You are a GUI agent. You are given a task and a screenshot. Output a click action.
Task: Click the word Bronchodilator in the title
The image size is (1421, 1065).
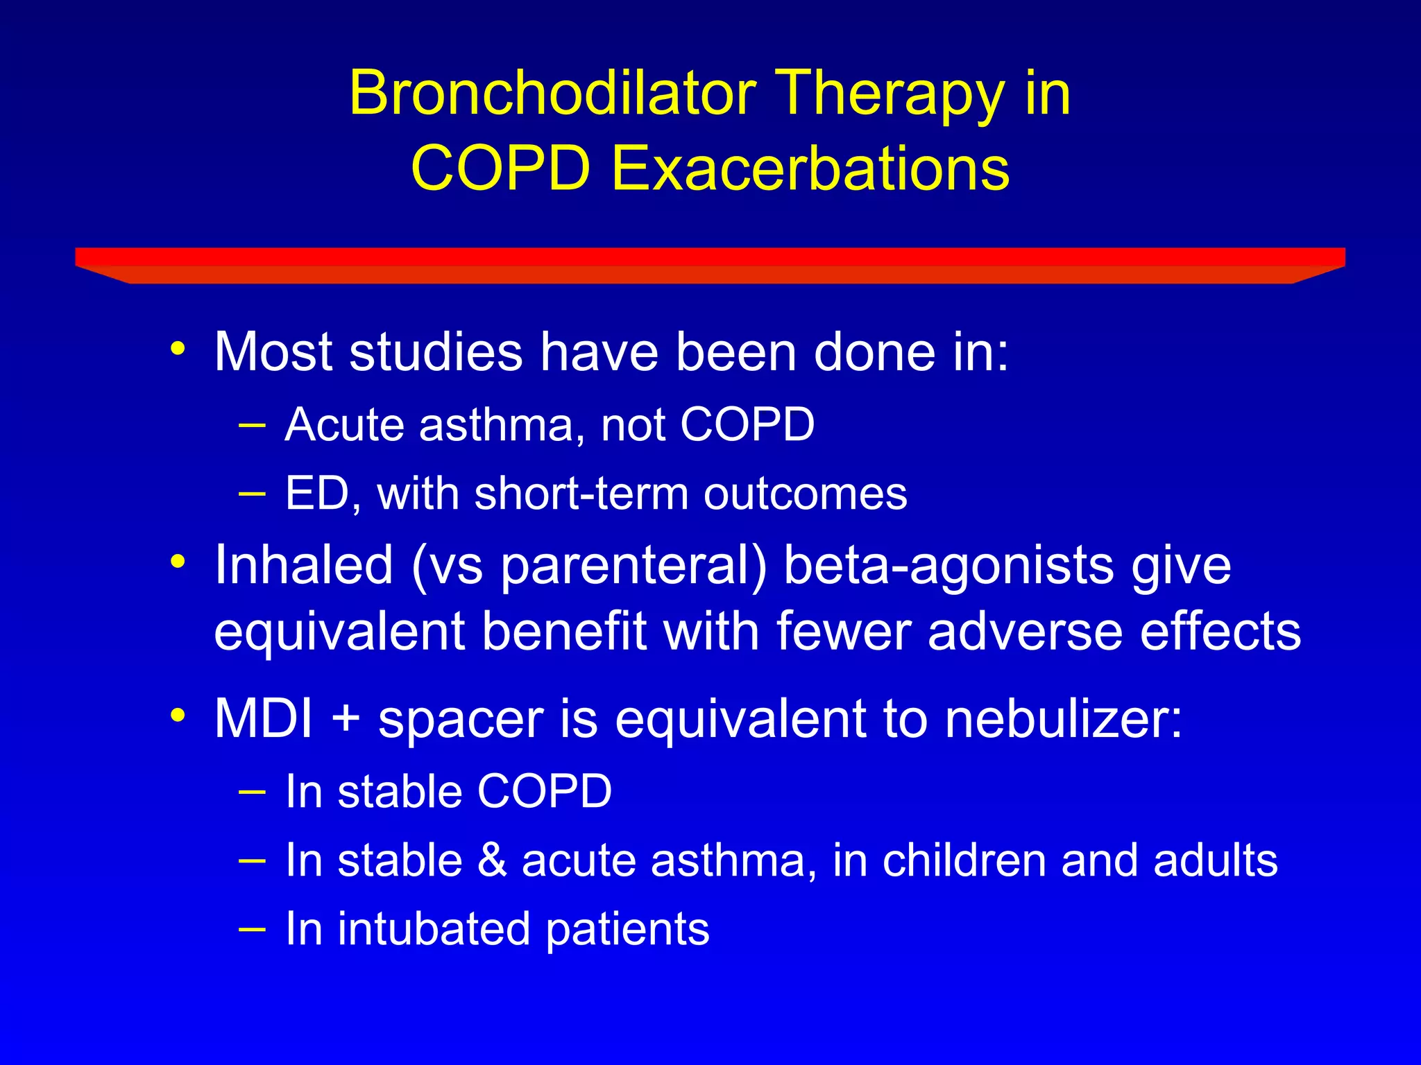point(552,94)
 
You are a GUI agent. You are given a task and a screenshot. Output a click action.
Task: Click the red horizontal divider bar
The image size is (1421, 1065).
point(710,264)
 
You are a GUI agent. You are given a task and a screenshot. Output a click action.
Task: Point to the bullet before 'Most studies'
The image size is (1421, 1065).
point(178,348)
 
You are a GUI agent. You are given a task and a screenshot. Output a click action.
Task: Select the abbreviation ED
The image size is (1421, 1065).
point(318,494)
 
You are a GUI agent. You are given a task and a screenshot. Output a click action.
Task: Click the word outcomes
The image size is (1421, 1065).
point(805,494)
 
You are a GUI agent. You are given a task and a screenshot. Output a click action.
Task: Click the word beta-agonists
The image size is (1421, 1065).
point(948,566)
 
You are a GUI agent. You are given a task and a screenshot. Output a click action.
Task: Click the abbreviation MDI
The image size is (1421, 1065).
point(264,718)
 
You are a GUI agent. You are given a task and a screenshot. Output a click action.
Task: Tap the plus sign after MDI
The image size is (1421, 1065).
point(345,720)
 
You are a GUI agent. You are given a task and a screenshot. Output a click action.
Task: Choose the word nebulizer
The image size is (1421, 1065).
point(1063,718)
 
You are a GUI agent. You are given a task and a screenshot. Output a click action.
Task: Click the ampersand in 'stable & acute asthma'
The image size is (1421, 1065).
point(492,860)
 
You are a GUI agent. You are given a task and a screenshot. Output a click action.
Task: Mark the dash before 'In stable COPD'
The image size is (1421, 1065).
point(251,792)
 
